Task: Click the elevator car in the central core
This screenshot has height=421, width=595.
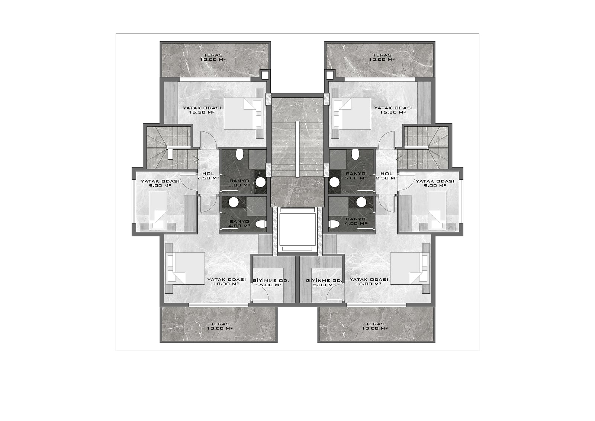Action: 297,230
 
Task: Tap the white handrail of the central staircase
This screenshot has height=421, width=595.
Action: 297,149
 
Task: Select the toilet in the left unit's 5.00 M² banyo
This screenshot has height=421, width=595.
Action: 239,154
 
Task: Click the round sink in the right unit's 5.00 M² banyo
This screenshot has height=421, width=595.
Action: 334,182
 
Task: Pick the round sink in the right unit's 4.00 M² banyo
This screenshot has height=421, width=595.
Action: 361,202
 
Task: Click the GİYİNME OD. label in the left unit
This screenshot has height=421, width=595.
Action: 271,281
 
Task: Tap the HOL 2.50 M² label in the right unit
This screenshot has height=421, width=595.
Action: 386,176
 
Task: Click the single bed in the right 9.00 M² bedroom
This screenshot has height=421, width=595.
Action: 437,210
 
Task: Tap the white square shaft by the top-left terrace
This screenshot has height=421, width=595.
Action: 264,75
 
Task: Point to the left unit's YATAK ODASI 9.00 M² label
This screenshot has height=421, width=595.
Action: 160,183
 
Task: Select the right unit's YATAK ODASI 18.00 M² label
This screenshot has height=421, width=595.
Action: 369,282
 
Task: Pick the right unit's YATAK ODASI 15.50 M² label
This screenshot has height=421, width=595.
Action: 393,110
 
